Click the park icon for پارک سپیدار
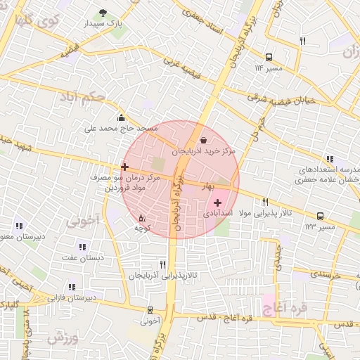(x=103, y=13)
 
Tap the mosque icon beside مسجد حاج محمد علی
(x=122, y=117)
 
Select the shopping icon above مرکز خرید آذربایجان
(x=203, y=140)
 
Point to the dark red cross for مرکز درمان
(x=124, y=167)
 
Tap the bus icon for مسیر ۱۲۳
(x=320, y=216)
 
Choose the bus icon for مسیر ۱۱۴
(x=269, y=58)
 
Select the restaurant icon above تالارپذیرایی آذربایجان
(x=163, y=264)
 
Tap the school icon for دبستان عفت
(x=82, y=247)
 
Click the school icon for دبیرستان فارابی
(x=71, y=287)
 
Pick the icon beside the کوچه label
(x=142, y=218)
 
